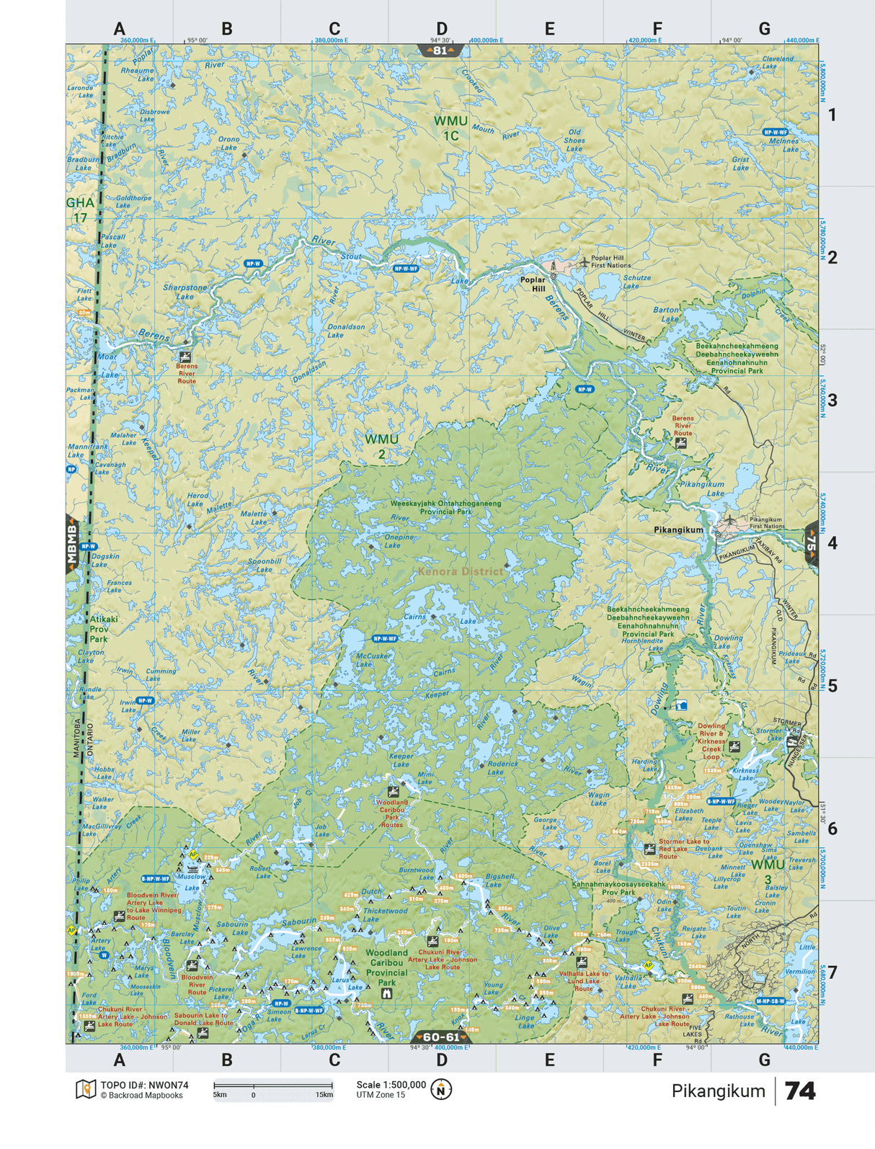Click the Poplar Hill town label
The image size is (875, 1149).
[533, 284]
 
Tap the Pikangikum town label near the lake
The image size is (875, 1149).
[678, 529]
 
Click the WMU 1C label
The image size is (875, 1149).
[450, 128]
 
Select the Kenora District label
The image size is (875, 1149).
[461, 571]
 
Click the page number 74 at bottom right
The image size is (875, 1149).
[799, 1091]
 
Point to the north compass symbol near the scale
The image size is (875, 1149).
[441, 1089]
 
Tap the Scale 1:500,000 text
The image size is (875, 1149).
[391, 1084]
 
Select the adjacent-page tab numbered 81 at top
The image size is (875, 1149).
[440, 50]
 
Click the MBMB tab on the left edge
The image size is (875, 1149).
[72, 544]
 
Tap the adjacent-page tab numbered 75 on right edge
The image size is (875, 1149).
[812, 542]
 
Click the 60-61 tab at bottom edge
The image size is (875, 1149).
[440, 1037]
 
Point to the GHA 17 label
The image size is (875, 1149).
[80, 210]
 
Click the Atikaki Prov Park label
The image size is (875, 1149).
[103, 628]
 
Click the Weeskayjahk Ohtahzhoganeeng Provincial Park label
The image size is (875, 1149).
[445, 507]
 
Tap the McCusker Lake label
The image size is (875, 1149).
[373, 659]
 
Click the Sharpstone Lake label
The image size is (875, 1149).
[185, 292]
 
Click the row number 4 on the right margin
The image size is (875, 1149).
[832, 543]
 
